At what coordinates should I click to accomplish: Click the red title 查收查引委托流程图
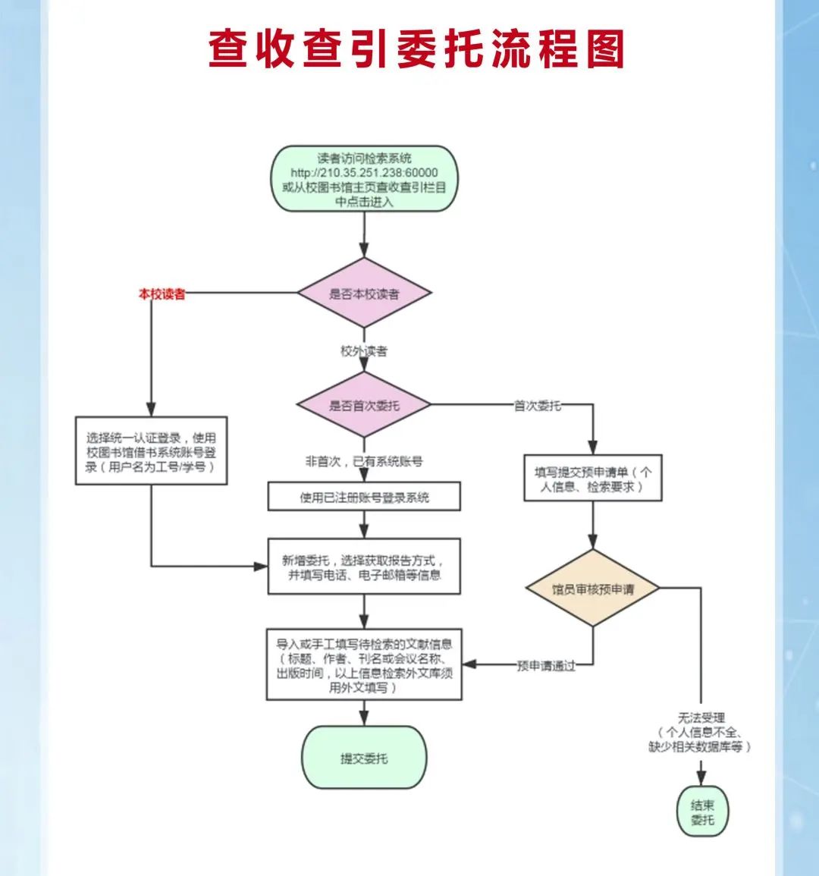tap(416, 49)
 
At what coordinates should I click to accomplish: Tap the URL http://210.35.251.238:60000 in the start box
tap(364, 173)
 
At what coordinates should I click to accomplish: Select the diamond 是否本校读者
tap(364, 294)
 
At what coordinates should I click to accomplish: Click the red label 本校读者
tap(162, 294)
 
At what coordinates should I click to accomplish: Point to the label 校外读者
tap(364, 351)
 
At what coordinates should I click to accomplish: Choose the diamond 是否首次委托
tap(364, 405)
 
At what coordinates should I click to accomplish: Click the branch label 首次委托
tap(538, 406)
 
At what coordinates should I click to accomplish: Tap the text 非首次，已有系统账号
tap(364, 460)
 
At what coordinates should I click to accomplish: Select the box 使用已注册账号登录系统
tap(364, 498)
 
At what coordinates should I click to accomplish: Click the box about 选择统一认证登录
tap(151, 452)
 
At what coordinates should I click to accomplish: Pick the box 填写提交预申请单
tap(592, 479)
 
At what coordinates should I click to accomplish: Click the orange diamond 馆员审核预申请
tap(592, 589)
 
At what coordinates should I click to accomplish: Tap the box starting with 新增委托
tap(364, 567)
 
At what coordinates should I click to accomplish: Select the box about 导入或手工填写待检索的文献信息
tap(364, 665)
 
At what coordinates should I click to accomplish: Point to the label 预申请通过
tap(546, 666)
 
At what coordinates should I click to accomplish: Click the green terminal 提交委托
tap(364, 758)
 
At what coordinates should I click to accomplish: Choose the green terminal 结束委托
tap(702, 812)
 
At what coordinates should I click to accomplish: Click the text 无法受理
tap(701, 717)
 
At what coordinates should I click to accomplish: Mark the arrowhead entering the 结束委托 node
tap(702, 778)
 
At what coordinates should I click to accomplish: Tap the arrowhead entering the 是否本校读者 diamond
tap(364, 250)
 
